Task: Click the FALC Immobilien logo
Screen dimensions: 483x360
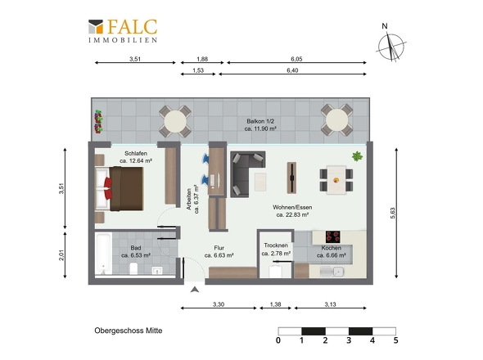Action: [123, 31]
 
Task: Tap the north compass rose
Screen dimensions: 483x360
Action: [391, 46]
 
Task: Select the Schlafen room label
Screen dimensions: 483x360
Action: [136, 153]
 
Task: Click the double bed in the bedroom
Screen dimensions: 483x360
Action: [120, 189]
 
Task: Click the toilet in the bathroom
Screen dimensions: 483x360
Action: [133, 268]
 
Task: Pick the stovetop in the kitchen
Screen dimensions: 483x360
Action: [332, 236]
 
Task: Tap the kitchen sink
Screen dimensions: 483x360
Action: [332, 272]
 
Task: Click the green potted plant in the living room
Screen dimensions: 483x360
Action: [357, 156]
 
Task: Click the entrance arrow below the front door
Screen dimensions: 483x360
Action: [195, 290]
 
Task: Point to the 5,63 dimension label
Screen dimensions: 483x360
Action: [392, 213]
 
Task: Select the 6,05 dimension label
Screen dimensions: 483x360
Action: [296, 59]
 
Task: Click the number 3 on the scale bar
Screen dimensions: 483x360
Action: [349, 340]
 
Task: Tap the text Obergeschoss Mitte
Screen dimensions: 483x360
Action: [129, 331]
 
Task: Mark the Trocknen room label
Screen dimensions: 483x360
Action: [276, 245]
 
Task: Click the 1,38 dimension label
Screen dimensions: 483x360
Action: [275, 304]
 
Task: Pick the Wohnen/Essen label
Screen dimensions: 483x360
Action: [292, 207]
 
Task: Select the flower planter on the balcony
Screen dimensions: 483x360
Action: [98, 122]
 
